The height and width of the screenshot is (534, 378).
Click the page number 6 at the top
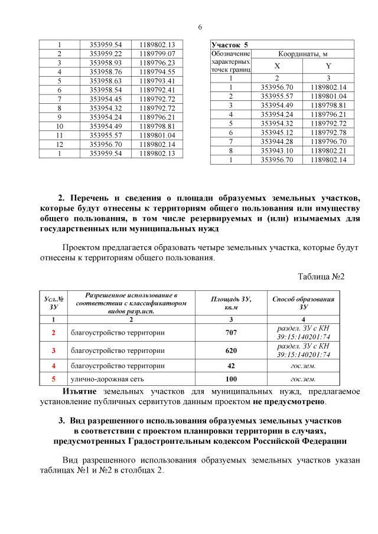tap(200, 27)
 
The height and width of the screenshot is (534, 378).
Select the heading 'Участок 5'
tap(230, 45)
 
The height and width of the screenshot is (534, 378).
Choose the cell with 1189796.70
tap(328, 142)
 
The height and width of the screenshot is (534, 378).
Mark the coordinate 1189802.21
tap(328, 150)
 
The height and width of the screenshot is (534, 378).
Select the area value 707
tap(231, 333)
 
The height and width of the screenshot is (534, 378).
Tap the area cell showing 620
tap(231, 350)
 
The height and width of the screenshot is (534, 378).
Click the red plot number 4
tap(54, 366)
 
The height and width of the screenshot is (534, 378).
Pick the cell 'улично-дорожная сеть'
tap(106, 379)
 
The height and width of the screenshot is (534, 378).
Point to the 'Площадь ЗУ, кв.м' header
tap(231, 303)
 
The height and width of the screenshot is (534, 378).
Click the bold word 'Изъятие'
tap(80, 391)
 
